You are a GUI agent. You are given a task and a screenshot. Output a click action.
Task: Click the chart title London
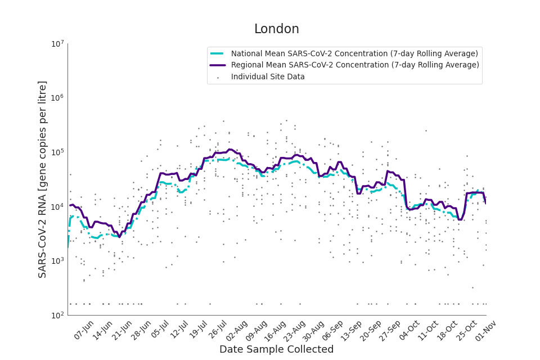[276, 29]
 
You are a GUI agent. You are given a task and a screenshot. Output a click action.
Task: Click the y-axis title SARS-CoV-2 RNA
[43, 179]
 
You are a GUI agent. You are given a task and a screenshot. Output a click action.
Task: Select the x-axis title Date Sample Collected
[276, 349]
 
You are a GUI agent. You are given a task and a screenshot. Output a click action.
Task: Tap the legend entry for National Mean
[354, 53]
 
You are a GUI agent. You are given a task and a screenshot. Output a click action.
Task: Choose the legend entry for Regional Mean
[355, 65]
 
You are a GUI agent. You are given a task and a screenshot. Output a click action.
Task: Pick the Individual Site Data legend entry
[268, 76]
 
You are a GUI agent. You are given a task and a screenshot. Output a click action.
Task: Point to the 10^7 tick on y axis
[58, 44]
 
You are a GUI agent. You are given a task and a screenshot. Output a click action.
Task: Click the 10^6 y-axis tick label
[58, 98]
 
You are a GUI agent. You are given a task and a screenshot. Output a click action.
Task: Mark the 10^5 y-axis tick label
[58, 152]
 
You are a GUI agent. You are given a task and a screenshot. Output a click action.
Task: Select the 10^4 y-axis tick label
[58, 207]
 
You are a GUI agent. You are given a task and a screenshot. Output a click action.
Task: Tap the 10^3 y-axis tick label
[58, 261]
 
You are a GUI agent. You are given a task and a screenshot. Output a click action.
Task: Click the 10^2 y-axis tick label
[58, 316]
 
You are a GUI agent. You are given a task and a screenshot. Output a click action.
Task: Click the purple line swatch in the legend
[217, 65]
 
